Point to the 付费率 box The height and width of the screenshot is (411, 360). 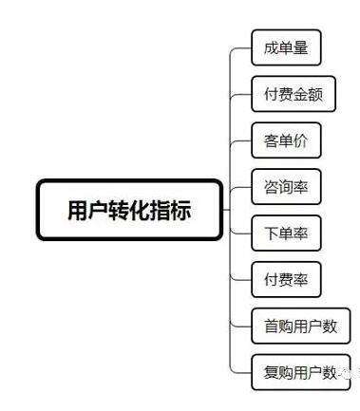(x=286, y=279)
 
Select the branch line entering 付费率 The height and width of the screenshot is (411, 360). (x=242, y=279)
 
